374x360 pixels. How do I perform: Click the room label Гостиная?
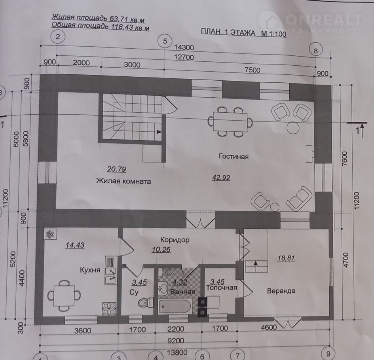[x=234, y=157]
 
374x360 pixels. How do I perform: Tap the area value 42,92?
[x=221, y=178]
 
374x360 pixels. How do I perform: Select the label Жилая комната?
[x=123, y=181]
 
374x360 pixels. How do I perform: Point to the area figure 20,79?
[x=116, y=169]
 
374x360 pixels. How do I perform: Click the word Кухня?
[x=90, y=270]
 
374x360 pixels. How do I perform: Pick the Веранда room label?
[x=281, y=291]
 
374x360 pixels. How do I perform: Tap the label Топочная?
[x=222, y=288]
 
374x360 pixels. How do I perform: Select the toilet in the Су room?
[x=146, y=303]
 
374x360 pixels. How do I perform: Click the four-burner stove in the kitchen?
[x=109, y=309]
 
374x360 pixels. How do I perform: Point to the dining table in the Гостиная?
[x=230, y=122]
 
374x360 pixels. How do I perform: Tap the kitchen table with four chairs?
[x=64, y=296]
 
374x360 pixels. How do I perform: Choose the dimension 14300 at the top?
[x=184, y=47]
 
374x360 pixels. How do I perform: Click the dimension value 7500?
[x=252, y=70]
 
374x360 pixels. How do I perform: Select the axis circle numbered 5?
[x=165, y=41]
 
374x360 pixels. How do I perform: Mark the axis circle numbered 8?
[x=316, y=51]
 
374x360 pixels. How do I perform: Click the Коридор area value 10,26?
[x=161, y=250]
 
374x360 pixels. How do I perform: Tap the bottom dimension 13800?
[x=177, y=352]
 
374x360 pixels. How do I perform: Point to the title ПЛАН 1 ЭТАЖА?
[x=228, y=32]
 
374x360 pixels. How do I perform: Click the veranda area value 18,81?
[x=286, y=258]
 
